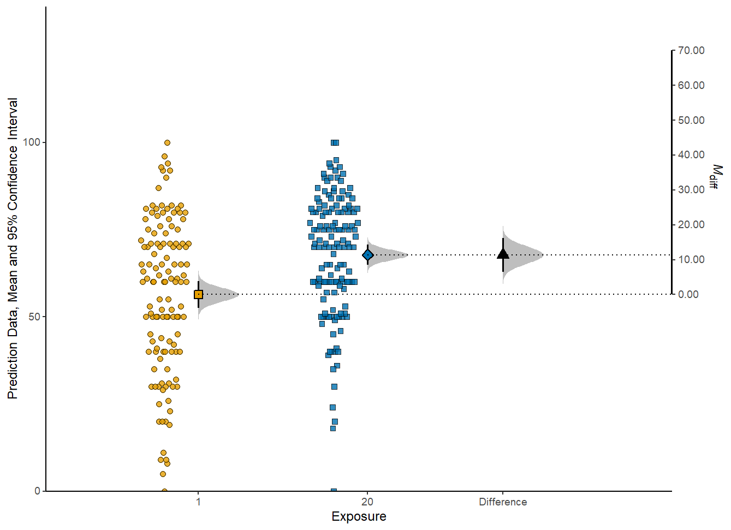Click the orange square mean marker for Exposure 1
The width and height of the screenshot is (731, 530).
pyautogui.click(x=198, y=294)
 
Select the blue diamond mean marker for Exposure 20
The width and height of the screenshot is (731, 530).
pyautogui.click(x=367, y=255)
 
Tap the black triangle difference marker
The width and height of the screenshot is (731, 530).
pyautogui.click(x=503, y=254)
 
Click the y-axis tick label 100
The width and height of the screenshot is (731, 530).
pyautogui.click(x=32, y=142)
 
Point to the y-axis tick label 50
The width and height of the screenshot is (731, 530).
pyautogui.click(x=34, y=317)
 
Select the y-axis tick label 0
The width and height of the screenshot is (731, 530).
pyautogui.click(x=37, y=491)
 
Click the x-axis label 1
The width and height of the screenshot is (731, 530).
pyautogui.click(x=198, y=502)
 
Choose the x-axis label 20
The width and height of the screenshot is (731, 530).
pyautogui.click(x=367, y=502)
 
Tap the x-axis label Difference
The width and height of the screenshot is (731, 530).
pyautogui.click(x=503, y=502)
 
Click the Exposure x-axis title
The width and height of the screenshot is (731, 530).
pyautogui.click(x=359, y=516)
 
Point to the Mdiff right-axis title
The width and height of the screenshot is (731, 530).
pyautogui.click(x=715, y=176)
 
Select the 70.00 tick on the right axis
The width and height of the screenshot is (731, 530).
pyautogui.click(x=691, y=50)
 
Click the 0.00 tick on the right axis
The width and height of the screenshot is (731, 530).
pyautogui.click(x=688, y=294)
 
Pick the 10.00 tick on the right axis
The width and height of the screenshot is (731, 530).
pyautogui.click(x=691, y=259)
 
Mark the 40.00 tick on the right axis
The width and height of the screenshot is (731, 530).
pyautogui.click(x=691, y=155)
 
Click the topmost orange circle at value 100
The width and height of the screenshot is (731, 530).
pyautogui.click(x=167, y=143)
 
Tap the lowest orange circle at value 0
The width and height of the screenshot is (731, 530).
pyautogui.click(x=164, y=491)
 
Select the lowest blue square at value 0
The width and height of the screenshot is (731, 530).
pyautogui.click(x=334, y=491)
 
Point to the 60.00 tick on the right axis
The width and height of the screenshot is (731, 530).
pyautogui.click(x=691, y=85)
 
